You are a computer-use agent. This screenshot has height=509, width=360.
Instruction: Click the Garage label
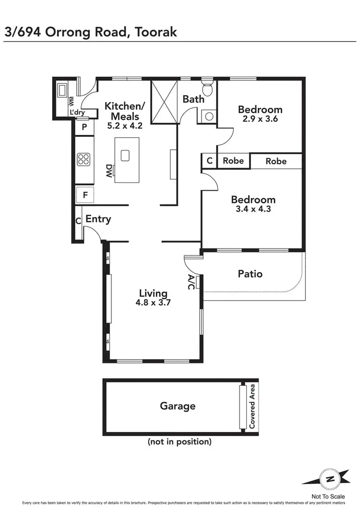coord(178,406)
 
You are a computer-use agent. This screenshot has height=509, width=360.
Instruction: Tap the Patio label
coord(250,274)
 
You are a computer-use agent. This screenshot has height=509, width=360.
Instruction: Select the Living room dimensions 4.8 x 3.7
coord(153,303)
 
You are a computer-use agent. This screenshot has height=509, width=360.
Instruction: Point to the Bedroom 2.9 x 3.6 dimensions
coord(260,119)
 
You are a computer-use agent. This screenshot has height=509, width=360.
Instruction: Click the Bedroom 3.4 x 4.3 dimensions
coord(253,209)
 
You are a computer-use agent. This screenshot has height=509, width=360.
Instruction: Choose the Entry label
coord(98,219)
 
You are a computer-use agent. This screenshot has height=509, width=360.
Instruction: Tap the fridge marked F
coord(85,195)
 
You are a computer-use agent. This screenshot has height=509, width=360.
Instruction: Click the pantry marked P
coord(84,127)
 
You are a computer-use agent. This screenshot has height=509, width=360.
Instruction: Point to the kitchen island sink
coord(125,155)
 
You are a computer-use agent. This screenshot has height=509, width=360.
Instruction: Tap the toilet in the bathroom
coord(207,89)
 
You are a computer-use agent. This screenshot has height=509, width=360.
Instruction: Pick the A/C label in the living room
coord(191,282)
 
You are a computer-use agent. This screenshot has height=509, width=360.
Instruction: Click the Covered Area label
coord(252,407)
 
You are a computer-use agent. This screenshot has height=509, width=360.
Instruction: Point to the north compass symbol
coord(329,478)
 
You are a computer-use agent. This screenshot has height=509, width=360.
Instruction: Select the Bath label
coord(193,99)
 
